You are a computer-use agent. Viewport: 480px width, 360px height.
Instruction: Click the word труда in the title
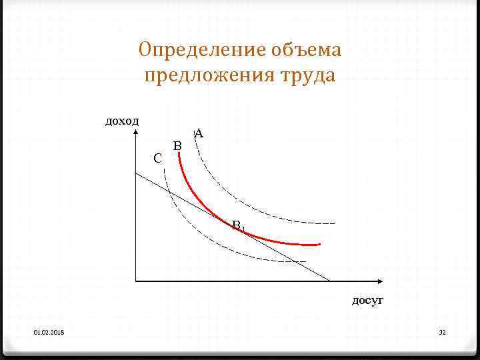pyautogui.click(x=307, y=75)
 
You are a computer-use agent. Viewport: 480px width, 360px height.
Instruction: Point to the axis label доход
pyautogui.click(x=122, y=121)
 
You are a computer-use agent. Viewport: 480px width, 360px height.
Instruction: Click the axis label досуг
pyautogui.click(x=367, y=301)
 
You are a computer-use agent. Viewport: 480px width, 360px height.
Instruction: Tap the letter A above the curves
pyautogui.click(x=199, y=134)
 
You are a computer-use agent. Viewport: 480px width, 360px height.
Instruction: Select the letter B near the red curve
pyautogui.click(x=177, y=145)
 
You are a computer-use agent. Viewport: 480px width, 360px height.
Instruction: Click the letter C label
pyautogui.click(x=157, y=159)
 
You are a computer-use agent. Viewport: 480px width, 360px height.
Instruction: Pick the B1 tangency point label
pyautogui.click(x=238, y=226)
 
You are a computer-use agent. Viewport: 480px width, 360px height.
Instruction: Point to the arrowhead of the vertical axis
pyautogui.click(x=135, y=129)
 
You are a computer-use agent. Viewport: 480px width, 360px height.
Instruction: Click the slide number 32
pyautogui.click(x=441, y=332)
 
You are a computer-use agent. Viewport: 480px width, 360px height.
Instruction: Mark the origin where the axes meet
pyautogui.click(x=135, y=280)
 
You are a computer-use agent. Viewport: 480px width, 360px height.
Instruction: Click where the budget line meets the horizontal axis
pyautogui.click(x=329, y=280)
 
